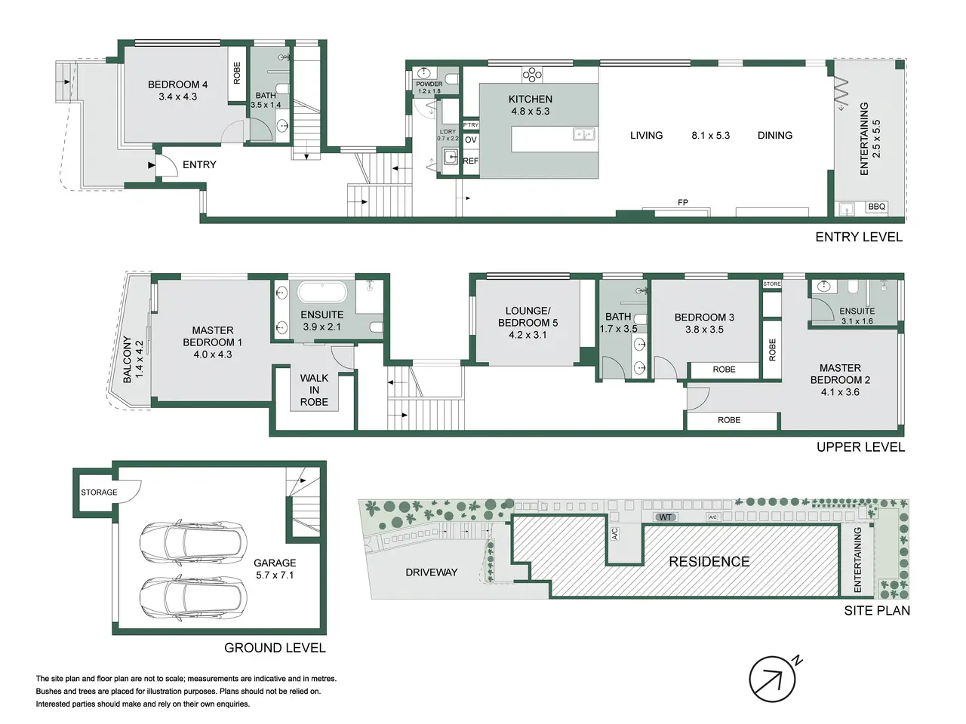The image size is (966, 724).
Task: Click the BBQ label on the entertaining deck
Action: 876,207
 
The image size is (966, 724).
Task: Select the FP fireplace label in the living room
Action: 682,202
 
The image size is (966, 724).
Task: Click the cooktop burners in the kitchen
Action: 532,75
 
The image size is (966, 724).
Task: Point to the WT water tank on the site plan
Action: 665,517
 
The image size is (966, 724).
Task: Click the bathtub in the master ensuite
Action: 322,292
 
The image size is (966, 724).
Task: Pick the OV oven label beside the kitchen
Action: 470,140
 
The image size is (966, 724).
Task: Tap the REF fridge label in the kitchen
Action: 470,161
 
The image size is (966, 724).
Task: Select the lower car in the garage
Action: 193,598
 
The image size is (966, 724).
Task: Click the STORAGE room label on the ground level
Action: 99,492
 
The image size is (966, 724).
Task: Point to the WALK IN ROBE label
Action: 314,390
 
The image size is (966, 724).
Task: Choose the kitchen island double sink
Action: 583,133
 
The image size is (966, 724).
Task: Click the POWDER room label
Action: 429,84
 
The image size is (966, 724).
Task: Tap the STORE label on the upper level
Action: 771,284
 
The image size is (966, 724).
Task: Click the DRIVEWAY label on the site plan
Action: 431,572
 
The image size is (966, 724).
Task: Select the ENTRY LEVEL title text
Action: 859,238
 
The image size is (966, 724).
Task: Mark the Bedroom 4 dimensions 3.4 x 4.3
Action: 178,97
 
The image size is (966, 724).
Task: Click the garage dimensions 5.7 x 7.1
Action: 275,575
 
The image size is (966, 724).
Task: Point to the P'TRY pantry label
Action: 470,125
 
